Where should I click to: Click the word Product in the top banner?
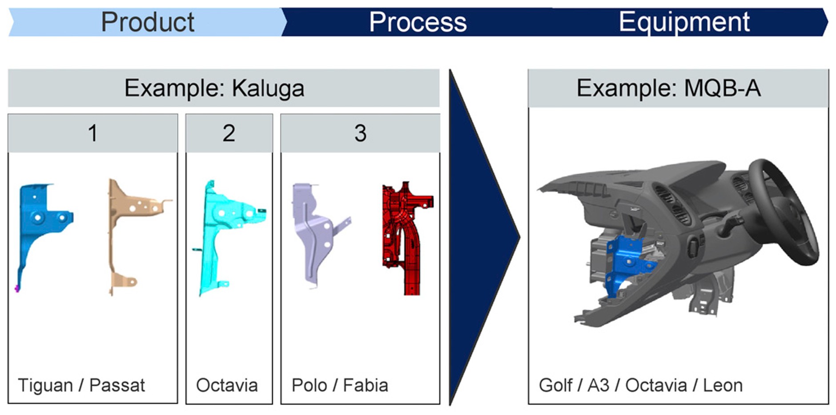tap(148, 22)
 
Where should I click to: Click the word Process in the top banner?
tap(418, 22)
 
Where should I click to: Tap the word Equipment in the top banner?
tap(684, 23)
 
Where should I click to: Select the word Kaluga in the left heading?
tap(268, 88)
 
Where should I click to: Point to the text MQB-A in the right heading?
tap(722, 88)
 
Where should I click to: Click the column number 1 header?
tap(92, 133)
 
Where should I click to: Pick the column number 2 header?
tap(229, 133)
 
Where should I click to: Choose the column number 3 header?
tap(360, 133)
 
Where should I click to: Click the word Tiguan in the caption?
tap(45, 386)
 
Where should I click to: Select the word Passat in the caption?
tap(117, 385)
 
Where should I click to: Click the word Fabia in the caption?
tap(366, 385)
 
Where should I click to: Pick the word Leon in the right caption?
tap(723, 385)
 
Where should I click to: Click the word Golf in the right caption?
tap(555, 385)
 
